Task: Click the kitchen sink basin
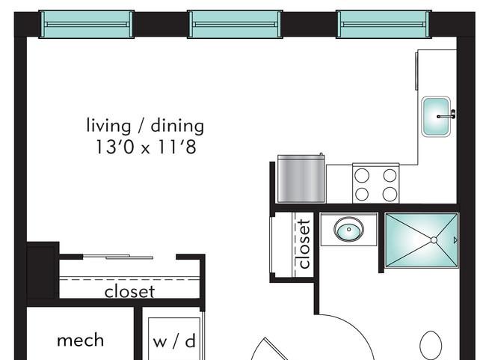[436, 116]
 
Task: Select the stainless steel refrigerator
[301, 179]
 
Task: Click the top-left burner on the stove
[362, 175]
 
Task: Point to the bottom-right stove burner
[390, 195]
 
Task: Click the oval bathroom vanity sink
[348, 229]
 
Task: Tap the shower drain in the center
[434, 240]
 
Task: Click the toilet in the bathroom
[431, 345]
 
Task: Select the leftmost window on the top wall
[86, 24]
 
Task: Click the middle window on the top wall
[235, 24]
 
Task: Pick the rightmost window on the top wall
[384, 24]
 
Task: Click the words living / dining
[145, 126]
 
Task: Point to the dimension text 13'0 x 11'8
[146, 147]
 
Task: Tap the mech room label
[80, 340]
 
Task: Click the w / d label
[174, 341]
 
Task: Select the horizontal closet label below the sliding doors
[129, 291]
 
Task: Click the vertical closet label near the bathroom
[304, 244]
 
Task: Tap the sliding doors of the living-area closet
[118, 257]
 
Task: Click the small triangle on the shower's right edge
[455, 240]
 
